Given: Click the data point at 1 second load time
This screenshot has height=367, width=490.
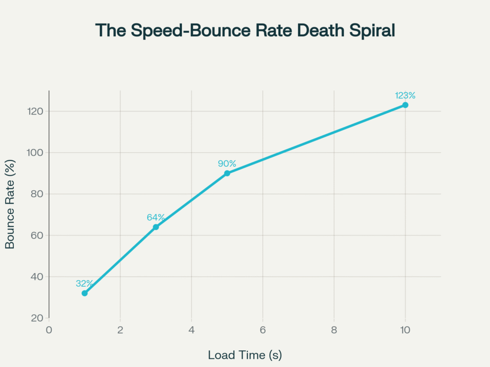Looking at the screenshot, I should point(85,293).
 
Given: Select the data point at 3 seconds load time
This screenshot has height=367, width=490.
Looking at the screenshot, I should point(156,227).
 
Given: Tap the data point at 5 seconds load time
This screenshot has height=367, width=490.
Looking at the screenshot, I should point(227,173).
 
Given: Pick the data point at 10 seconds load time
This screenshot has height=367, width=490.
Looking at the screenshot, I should point(405,105).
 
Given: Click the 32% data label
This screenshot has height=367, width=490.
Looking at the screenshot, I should point(85,283).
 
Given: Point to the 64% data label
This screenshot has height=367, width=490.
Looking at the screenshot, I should point(156,217).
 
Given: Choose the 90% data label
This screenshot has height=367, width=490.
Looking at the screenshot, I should point(227,163).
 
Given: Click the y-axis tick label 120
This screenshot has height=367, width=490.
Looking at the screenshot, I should point(37,111).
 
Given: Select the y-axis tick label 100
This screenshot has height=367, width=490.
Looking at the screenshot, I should point(37,152).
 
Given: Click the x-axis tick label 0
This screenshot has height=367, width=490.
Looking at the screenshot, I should point(49,330).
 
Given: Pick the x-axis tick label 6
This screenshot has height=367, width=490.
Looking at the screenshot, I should point(263,330).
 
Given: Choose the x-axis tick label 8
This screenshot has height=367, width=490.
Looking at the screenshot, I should point(334,330).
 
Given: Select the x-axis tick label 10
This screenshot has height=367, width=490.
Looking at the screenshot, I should point(405,330).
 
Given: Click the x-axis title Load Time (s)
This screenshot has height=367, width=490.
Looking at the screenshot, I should point(245,355).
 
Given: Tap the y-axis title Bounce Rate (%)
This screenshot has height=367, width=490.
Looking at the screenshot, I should point(10,204).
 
